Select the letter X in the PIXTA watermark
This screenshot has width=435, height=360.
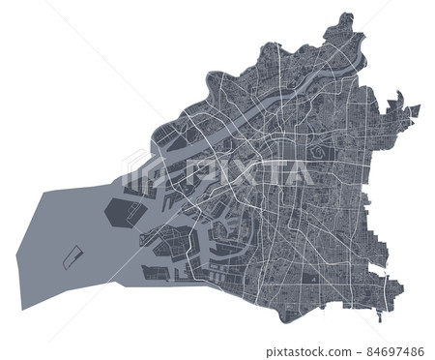tap(244, 172)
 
